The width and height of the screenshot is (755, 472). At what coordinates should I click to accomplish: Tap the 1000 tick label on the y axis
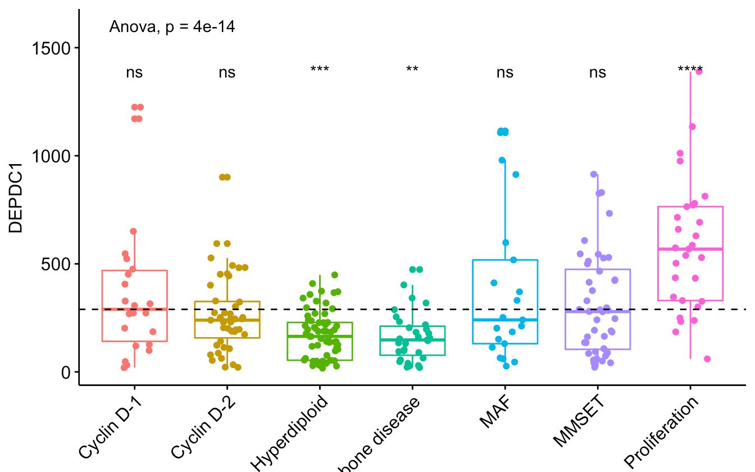coord(54,156)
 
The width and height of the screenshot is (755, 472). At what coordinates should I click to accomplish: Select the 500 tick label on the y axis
coord(58,264)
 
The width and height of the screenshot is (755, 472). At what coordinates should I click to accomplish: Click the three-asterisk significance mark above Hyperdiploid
coord(320,70)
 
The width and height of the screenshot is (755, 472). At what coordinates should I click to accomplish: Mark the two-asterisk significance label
coord(412,70)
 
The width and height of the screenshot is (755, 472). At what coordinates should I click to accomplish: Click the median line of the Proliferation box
coord(690,249)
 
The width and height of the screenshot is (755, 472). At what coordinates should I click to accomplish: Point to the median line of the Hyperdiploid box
coord(320,336)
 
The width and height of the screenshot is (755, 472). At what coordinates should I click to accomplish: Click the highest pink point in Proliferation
coord(699,71)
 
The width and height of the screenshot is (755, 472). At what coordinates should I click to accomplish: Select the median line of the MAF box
coord(505,320)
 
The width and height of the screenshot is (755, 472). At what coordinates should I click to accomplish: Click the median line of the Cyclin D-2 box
coord(227,320)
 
